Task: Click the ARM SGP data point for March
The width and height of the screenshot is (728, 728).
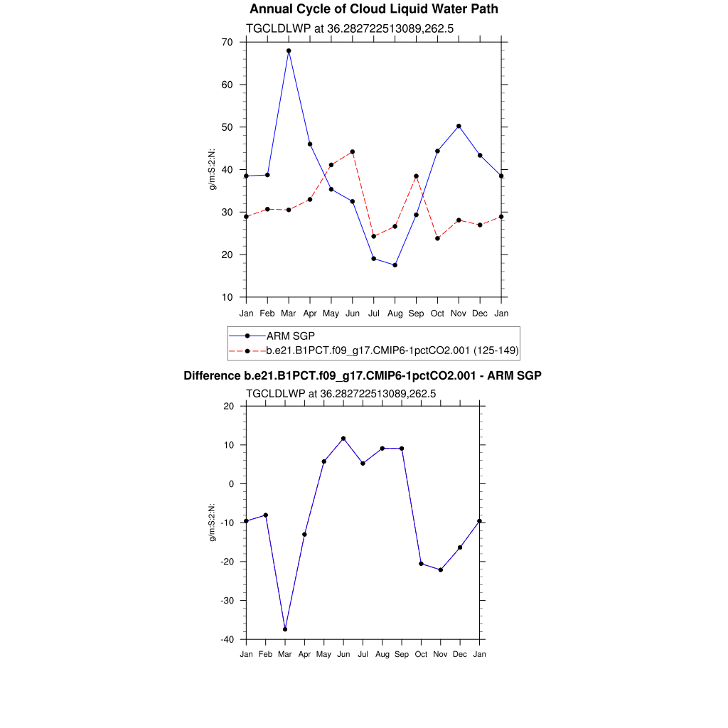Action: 289,50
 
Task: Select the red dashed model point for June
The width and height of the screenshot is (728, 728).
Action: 353,151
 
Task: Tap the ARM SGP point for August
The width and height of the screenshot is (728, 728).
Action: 395,265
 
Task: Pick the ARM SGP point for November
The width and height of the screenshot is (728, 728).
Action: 459,126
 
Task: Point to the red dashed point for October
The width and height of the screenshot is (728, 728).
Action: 437,238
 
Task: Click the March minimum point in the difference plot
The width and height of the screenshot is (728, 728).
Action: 285,629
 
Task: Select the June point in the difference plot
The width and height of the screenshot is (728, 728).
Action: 343,439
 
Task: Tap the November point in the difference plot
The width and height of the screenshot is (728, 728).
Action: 441,569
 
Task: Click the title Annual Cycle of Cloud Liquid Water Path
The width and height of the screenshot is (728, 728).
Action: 374,9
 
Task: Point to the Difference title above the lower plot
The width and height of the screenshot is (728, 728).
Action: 363,375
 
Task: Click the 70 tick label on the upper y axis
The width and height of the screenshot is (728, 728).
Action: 227,42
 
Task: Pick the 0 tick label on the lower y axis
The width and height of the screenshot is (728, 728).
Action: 230,484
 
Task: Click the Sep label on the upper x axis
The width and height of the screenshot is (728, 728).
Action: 416,313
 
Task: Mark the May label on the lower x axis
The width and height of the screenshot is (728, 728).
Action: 323,653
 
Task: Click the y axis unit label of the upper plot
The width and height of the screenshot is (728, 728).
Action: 211,169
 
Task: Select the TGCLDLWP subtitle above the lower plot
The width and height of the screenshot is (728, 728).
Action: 341,393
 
